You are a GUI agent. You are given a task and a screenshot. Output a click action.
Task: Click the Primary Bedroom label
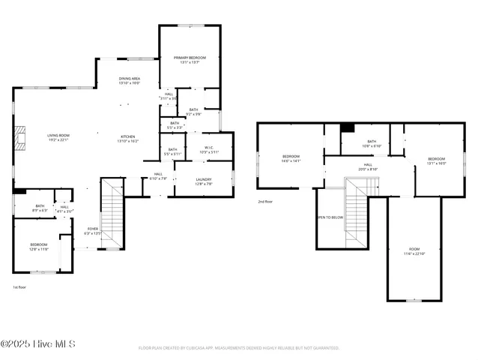click(190, 60)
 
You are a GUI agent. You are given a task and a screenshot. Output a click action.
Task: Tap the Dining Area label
click(130, 80)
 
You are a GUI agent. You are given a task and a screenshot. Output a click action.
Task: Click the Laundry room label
click(203, 181)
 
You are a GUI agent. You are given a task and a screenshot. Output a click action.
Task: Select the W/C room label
click(199, 149)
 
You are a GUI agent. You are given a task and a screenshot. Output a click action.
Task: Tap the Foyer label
click(93, 230)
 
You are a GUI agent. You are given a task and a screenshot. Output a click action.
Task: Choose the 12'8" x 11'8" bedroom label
click(39, 247)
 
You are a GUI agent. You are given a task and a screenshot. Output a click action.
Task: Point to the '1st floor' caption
click(20, 287)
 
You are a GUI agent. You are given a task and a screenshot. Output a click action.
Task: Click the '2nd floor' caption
click(265, 202)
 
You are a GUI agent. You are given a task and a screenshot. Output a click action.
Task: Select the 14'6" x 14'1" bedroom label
click(291, 158)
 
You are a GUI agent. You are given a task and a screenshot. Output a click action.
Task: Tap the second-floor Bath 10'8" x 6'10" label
click(372, 143)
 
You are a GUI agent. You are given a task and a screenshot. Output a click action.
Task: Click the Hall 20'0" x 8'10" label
click(368, 166)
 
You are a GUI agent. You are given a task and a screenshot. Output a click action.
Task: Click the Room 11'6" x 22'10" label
click(414, 251)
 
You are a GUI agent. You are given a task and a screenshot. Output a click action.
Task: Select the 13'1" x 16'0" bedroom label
click(436, 160)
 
